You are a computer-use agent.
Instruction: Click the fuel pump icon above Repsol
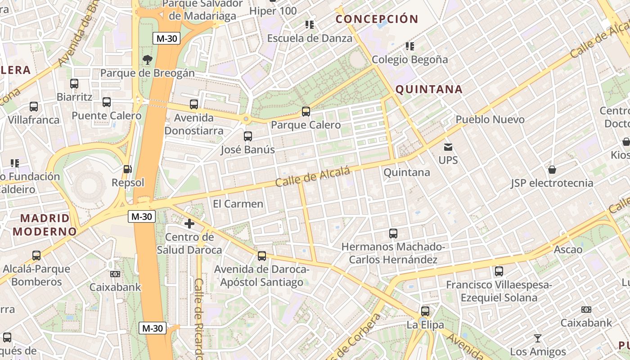click(x=128, y=169)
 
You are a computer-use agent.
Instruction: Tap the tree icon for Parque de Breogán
click(x=147, y=59)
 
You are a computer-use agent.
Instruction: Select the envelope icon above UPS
click(x=448, y=147)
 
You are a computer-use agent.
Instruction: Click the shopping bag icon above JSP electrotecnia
click(x=552, y=170)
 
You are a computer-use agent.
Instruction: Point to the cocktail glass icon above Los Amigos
click(x=537, y=338)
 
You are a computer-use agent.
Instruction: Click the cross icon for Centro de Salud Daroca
click(x=189, y=223)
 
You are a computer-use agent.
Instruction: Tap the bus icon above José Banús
click(x=247, y=136)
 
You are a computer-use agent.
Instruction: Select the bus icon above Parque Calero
click(x=306, y=111)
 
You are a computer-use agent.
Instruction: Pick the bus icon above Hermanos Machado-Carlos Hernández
click(x=393, y=234)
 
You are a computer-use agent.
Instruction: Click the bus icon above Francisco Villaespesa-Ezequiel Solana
click(x=499, y=271)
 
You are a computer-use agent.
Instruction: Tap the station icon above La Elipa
click(x=425, y=311)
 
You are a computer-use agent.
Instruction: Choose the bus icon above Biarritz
click(x=74, y=83)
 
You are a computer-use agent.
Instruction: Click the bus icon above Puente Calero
click(x=107, y=102)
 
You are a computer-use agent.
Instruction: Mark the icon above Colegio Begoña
click(x=409, y=46)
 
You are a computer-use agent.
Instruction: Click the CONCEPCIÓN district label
click(x=377, y=19)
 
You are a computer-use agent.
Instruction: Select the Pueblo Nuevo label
click(x=490, y=120)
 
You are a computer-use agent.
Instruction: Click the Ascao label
click(x=568, y=249)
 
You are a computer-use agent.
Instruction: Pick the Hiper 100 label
click(x=273, y=11)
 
